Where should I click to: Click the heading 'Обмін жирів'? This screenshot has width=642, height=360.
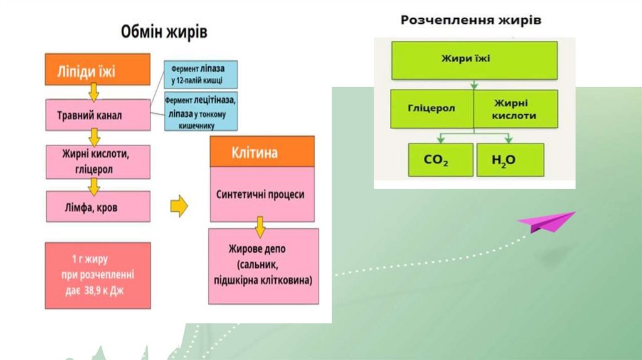[x=164, y=31]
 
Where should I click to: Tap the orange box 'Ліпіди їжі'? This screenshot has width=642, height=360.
[x=97, y=69]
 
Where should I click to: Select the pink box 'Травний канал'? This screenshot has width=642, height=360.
[x=97, y=115]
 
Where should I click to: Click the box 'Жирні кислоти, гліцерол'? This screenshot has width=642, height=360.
[x=97, y=161]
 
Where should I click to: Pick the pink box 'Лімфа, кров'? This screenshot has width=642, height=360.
[x=97, y=206]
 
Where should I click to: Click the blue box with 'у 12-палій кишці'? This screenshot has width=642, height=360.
[x=201, y=74]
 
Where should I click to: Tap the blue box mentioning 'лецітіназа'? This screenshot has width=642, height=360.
[x=201, y=112]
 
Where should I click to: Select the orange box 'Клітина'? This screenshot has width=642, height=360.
[x=261, y=152]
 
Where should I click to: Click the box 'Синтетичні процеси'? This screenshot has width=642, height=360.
[x=261, y=194]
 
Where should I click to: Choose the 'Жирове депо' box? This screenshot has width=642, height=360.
[x=263, y=266]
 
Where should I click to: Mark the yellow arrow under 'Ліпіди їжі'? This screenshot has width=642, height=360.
[x=94, y=92]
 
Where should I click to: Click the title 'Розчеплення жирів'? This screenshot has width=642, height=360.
[x=471, y=20]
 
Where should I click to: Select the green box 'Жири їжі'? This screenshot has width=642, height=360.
[x=474, y=60]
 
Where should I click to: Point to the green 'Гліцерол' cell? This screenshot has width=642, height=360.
[x=432, y=108]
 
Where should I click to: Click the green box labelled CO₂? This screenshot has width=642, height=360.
[x=439, y=159]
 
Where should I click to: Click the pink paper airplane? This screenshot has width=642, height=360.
[x=545, y=221]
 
